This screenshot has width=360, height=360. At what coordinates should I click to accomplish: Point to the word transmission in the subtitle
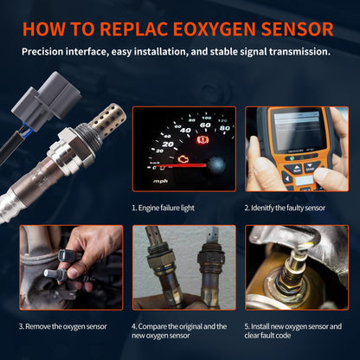(293, 52)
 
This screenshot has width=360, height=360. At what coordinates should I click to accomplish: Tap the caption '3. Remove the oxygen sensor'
(63, 325)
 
